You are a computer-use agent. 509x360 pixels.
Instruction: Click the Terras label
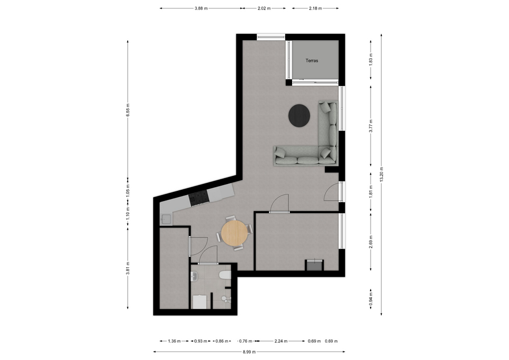pyautogui.click(x=312, y=60)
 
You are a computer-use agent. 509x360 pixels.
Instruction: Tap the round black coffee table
pyautogui.click(x=299, y=115)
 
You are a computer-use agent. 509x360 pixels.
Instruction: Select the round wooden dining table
pyautogui.click(x=234, y=233)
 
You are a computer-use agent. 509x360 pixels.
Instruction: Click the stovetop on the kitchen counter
pyautogui.click(x=198, y=197)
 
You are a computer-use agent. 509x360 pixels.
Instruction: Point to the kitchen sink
pyautogui.click(x=166, y=220)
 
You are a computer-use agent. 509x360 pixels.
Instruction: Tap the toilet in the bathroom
pyautogui.click(x=225, y=275)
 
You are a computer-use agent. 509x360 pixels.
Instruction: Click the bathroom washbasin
pyautogui.click(x=194, y=277)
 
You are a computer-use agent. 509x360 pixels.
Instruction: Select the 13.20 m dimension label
pyautogui.click(x=381, y=174)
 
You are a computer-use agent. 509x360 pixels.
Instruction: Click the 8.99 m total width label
pyautogui.click(x=249, y=352)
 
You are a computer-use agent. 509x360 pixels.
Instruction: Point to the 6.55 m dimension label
pyautogui.click(x=128, y=110)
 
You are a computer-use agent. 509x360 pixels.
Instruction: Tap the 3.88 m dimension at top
pyautogui.click(x=201, y=8)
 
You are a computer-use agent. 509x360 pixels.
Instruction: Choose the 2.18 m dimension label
pyautogui.click(x=315, y=8)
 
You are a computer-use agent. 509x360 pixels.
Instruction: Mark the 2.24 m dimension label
pyautogui.click(x=281, y=341)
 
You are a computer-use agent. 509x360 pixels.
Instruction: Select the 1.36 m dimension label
pyautogui.click(x=174, y=341)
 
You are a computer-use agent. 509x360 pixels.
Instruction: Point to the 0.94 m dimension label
pyautogui.click(x=371, y=299)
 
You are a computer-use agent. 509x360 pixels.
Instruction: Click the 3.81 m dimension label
pyautogui.click(x=128, y=268)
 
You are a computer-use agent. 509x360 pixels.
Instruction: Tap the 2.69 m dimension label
pyautogui.click(x=371, y=242)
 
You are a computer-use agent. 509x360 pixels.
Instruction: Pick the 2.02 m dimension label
pyautogui.click(x=264, y=8)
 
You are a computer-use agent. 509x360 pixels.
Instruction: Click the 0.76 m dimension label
pyautogui.click(x=245, y=341)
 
